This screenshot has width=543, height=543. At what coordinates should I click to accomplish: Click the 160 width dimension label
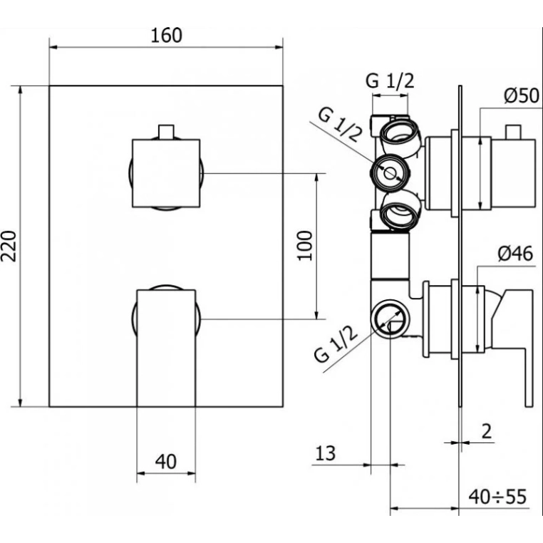click(x=166, y=36)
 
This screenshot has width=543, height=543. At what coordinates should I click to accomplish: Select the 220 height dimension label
click(x=9, y=246)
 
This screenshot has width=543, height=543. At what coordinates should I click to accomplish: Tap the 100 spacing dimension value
click(x=305, y=246)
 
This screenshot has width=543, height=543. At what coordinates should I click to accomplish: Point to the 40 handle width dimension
click(x=166, y=461)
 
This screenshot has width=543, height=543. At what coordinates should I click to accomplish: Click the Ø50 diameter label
click(x=522, y=95)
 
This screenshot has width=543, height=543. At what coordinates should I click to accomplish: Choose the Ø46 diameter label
click(x=516, y=254)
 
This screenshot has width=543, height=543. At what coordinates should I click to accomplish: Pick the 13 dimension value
click(x=326, y=453)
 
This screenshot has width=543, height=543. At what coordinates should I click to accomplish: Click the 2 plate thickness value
click(x=487, y=432)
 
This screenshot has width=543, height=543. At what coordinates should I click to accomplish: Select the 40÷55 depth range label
click(x=497, y=497)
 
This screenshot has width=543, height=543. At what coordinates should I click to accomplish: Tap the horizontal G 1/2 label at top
click(x=390, y=81)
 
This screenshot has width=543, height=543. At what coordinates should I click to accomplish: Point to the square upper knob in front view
click(x=166, y=173)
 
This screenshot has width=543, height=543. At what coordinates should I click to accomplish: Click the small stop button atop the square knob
click(x=166, y=132)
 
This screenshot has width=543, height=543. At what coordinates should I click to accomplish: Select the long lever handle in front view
click(x=166, y=348)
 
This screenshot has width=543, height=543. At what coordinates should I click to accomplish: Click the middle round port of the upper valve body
click(x=391, y=172)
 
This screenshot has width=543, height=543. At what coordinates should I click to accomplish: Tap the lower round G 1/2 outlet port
click(x=390, y=318)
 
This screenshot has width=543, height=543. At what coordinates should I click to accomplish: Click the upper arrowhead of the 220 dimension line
click(x=21, y=90)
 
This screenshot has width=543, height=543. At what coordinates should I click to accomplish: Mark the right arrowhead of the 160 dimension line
click(x=279, y=48)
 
